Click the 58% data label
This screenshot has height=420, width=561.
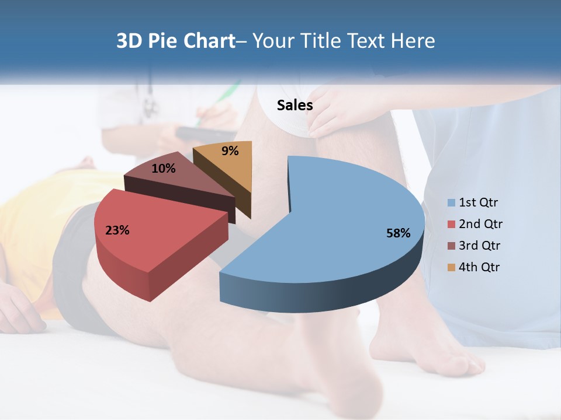[398, 233]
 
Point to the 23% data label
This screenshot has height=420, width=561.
[117, 230]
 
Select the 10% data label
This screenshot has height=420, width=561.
[163, 169]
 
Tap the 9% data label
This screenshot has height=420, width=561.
[230, 151]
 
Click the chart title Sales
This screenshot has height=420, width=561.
[295, 105]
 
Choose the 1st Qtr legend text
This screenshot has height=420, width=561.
[479, 202]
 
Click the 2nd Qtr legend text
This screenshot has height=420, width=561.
[481, 224]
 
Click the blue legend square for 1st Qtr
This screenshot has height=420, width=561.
[451, 203]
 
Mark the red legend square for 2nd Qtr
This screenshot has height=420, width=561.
[451, 225]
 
